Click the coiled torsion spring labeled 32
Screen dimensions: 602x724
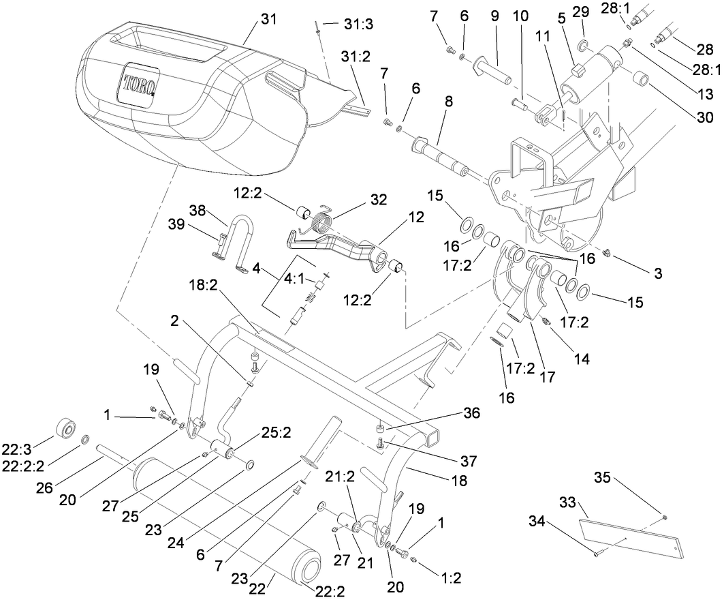click(x=321, y=222)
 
